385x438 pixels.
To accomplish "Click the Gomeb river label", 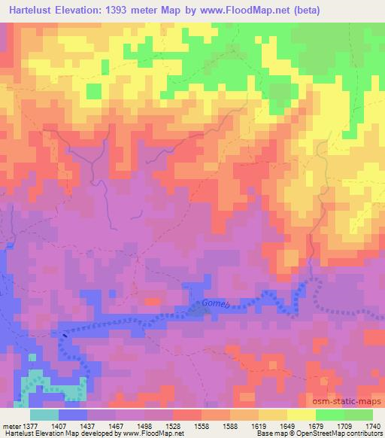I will (x=214, y=305).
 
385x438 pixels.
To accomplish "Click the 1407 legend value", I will (x=58, y=425).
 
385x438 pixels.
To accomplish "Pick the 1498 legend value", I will (x=144, y=425).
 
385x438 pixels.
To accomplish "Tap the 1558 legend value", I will (x=202, y=425).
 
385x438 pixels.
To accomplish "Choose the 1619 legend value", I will (x=258, y=425).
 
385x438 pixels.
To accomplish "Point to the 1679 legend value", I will (x=315, y=425).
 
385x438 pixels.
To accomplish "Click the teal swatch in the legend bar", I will (x=44, y=415).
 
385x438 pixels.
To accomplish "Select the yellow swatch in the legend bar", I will (x=301, y=415).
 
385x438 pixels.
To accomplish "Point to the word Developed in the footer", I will (x=90, y=433).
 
